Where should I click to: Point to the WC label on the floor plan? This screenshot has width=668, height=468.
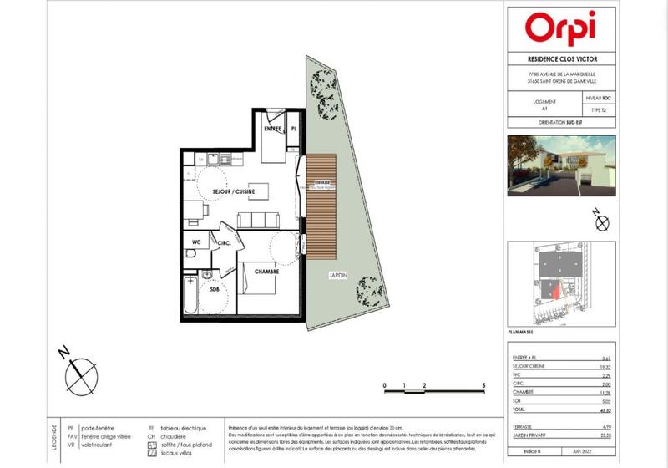pyautogui.click(x=196, y=243)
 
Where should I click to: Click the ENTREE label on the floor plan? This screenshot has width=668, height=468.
pyautogui.click(x=271, y=130)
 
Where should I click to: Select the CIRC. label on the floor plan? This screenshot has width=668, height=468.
pyautogui.click(x=224, y=243)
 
